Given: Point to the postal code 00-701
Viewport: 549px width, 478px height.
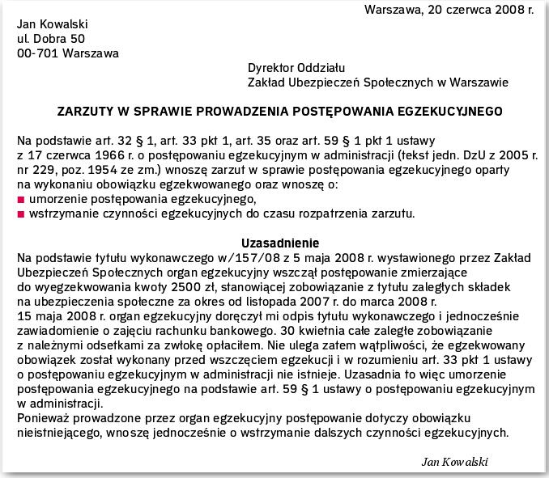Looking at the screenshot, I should (x=36, y=53).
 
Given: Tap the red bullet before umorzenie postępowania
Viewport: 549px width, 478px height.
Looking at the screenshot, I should (x=20, y=199).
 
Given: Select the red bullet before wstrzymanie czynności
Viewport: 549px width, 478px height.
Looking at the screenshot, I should (x=20, y=214).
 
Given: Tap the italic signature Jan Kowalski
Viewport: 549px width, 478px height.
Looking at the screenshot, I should (x=455, y=461).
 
